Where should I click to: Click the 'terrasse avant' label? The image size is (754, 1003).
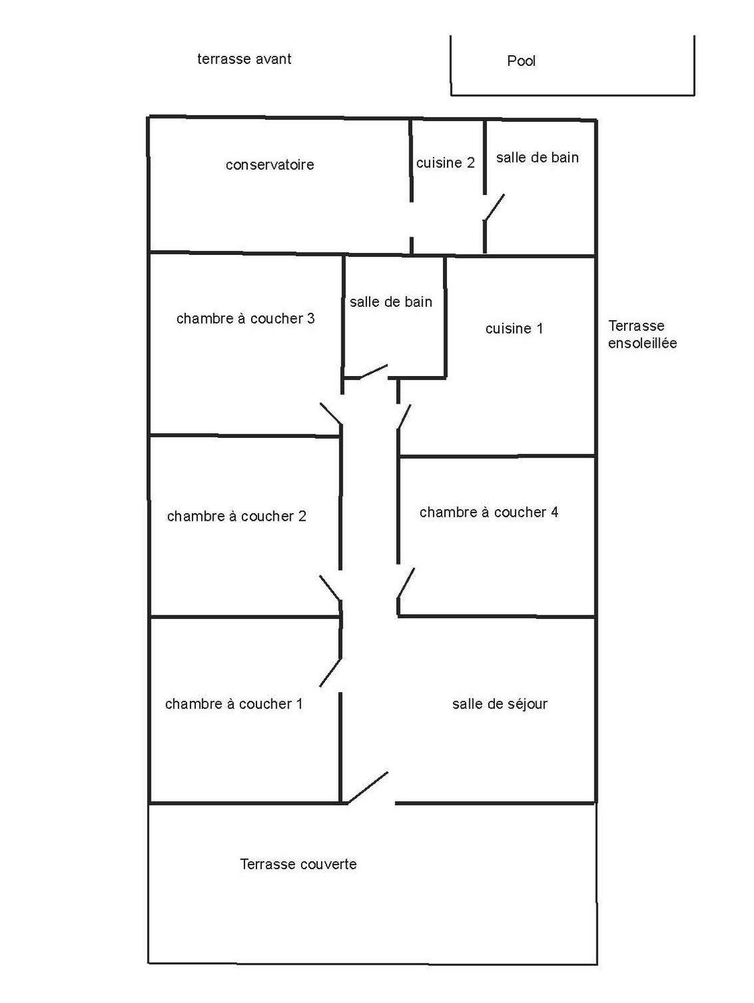[244, 59]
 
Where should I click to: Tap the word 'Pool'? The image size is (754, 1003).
[521, 61]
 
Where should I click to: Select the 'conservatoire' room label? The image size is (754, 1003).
[269, 165]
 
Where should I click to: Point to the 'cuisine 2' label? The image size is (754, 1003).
[445, 163]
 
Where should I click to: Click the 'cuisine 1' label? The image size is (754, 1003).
[514, 329]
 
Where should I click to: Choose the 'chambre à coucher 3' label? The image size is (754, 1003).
[245, 319]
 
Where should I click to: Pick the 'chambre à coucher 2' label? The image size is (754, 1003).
[236, 517]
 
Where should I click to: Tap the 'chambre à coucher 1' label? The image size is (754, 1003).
[234, 704]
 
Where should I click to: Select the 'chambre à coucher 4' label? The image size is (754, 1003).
[489, 513]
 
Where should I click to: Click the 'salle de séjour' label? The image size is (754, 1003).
[500, 704]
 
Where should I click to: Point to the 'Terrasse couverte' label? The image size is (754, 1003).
[298, 864]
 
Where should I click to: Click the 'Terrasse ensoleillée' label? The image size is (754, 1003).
[642, 335]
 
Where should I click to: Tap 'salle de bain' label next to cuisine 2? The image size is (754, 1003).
[537, 158]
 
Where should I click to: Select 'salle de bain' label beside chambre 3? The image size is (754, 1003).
[390, 302]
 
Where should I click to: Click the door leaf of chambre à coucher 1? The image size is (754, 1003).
[331, 672]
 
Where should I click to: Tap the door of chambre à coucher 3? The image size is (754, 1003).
[331, 413]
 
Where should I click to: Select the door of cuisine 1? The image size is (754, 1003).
[404, 417]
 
